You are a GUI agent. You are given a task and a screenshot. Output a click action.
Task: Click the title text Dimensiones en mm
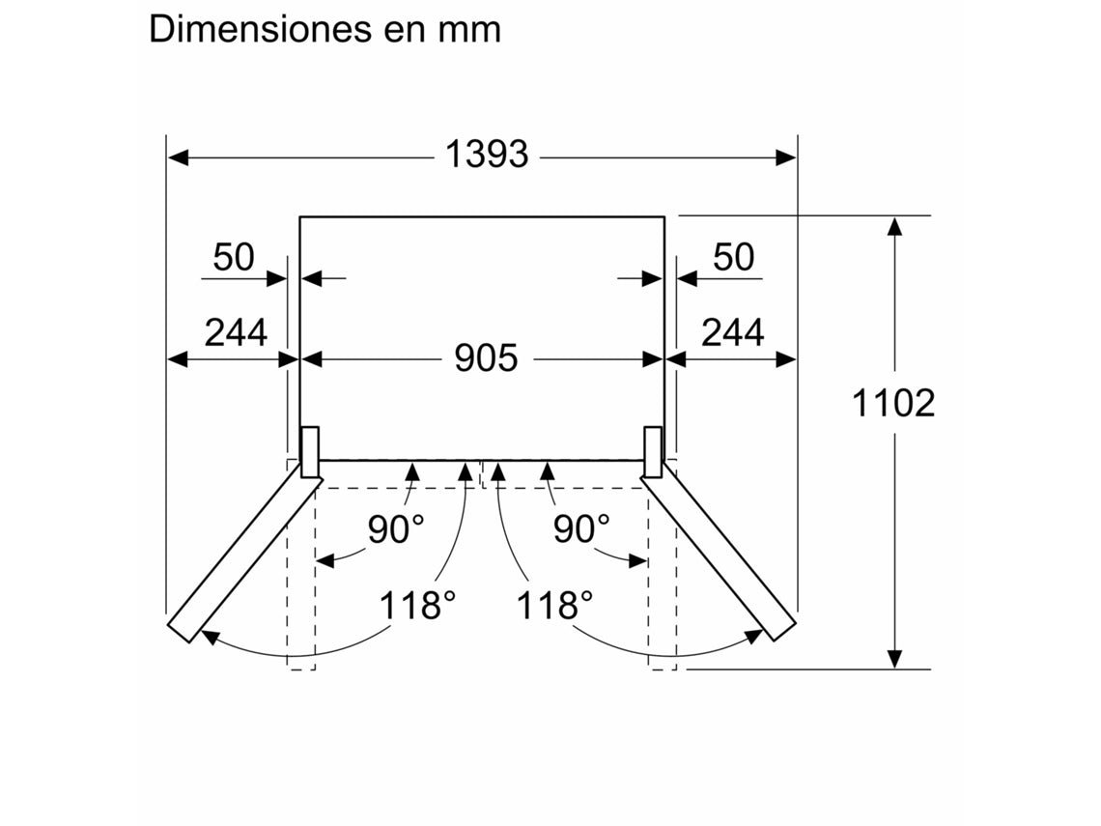(x=325, y=29)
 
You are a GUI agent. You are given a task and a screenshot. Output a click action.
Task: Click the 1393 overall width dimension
(x=487, y=155)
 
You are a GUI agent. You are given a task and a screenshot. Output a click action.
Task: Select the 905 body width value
(x=487, y=358)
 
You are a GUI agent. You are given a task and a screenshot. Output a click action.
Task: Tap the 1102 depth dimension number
(x=893, y=403)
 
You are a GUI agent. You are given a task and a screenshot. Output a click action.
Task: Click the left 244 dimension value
(x=236, y=332)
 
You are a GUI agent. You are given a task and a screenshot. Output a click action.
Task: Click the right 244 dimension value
(x=732, y=332)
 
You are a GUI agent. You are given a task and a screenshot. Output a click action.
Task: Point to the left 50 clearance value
(x=234, y=257)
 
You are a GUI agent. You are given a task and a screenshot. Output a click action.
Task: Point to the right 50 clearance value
(x=733, y=257)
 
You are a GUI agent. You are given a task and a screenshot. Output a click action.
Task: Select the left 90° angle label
(x=395, y=528)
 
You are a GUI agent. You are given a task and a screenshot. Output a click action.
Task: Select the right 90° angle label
(x=581, y=528)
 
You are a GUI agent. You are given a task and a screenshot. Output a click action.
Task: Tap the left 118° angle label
(x=416, y=606)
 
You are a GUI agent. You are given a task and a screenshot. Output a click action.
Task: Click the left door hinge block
(x=311, y=451)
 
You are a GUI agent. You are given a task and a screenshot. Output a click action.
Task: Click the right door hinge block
(x=653, y=451)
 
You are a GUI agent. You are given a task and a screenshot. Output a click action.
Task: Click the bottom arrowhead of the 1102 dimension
(x=895, y=658)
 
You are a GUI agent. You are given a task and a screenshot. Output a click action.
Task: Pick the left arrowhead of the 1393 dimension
(x=177, y=156)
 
